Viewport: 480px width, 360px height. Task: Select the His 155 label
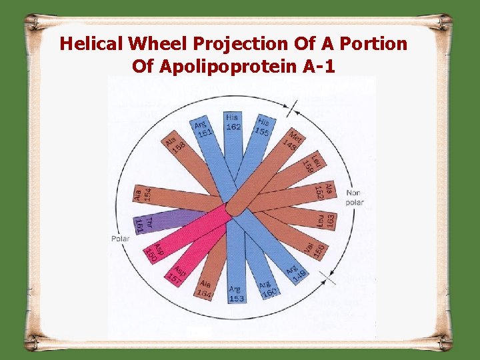[264, 127]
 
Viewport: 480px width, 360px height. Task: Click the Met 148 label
[291, 140]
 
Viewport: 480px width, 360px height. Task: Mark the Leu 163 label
[327, 219]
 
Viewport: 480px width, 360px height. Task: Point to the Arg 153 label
[235, 293]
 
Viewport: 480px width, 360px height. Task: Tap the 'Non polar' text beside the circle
[355, 197]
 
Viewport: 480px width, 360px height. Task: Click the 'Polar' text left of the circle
[120, 238]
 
